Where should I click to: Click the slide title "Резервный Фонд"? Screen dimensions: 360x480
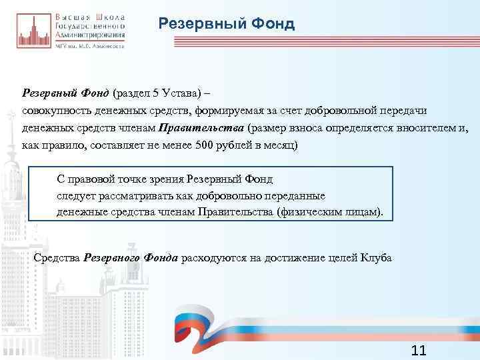coord(226,24)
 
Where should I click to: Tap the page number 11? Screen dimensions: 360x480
coord(419,351)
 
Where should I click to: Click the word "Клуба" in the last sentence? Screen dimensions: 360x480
coord(377,257)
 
